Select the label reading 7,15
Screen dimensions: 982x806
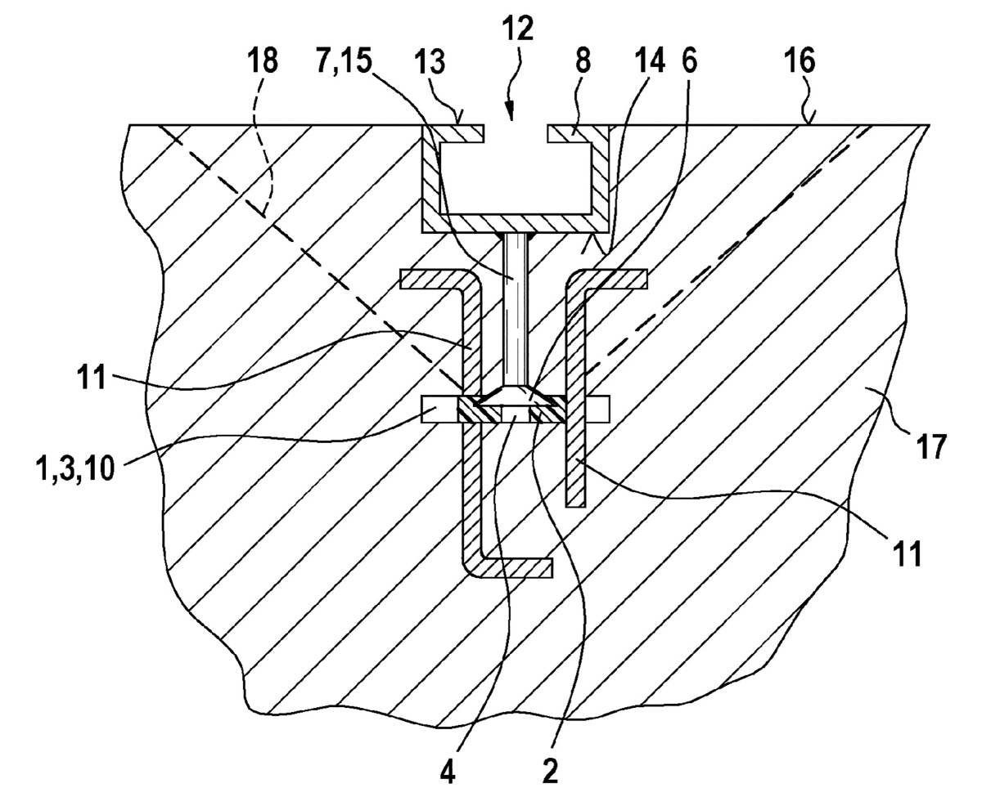coord(344,61)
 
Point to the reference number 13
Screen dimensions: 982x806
coord(430,61)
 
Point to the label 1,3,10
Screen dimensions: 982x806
coord(74,469)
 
